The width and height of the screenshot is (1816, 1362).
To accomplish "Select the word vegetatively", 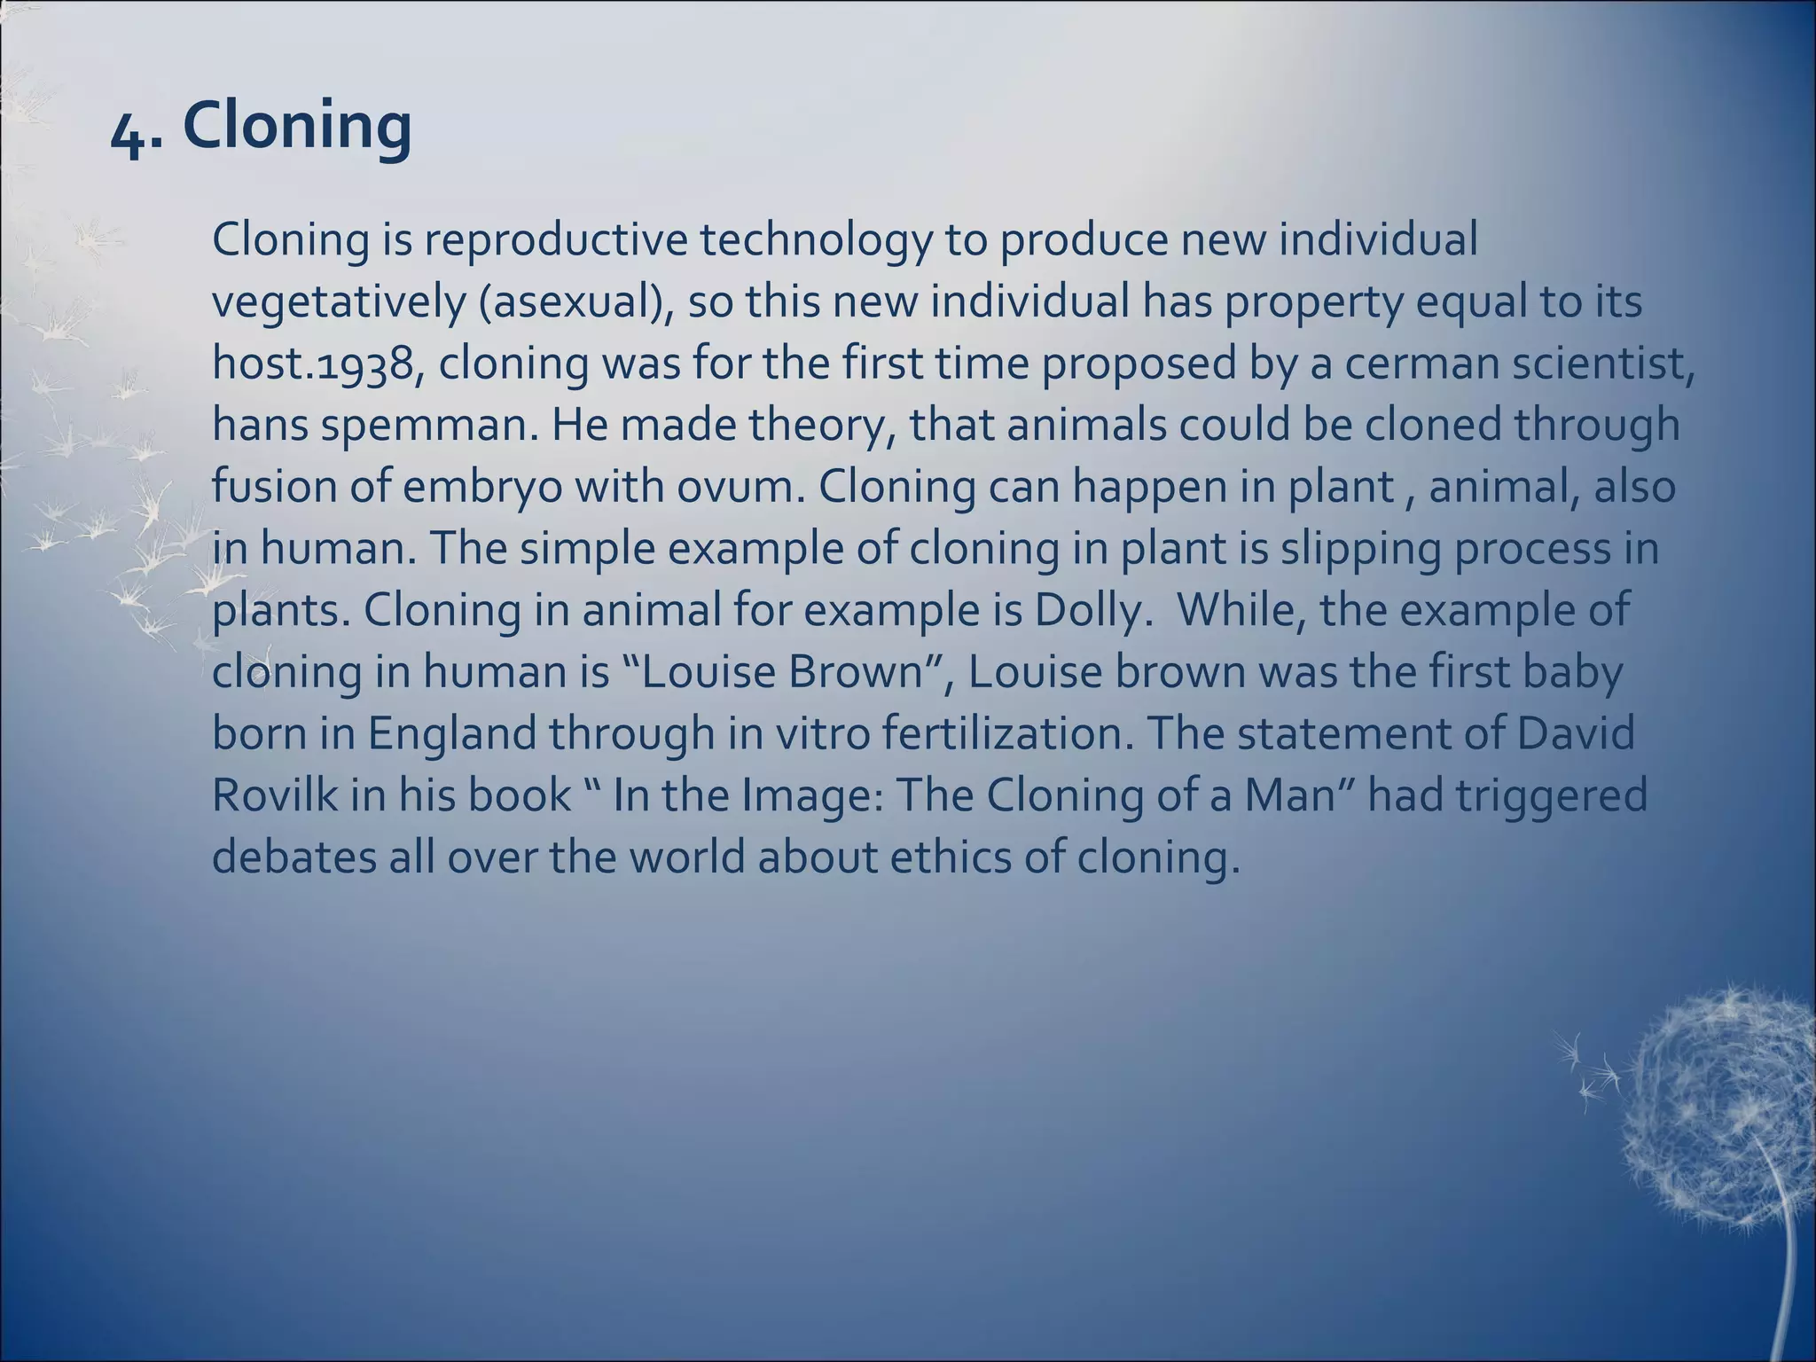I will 338,302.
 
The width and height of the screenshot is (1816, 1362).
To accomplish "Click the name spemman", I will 429,426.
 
